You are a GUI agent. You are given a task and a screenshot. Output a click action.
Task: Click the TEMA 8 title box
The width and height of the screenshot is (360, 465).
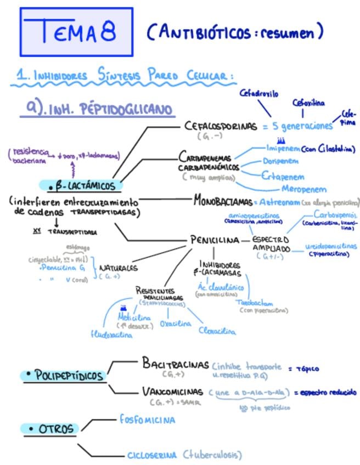[x=77, y=32]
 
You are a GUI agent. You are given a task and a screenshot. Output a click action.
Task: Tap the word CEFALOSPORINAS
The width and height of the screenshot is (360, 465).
[x=221, y=127]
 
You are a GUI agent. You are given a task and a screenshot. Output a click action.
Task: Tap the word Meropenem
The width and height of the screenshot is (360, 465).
[x=303, y=189]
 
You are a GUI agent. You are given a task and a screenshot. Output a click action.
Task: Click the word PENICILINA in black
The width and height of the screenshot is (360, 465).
[x=215, y=240]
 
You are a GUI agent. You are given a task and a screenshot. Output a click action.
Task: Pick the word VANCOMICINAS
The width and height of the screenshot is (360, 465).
[x=174, y=392]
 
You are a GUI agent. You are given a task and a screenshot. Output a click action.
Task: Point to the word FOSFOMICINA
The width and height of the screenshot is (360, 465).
[x=148, y=420]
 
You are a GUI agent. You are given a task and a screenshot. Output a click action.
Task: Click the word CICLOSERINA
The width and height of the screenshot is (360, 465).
[x=152, y=455]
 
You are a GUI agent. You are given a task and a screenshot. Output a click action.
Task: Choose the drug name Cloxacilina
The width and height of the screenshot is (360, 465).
[x=218, y=331]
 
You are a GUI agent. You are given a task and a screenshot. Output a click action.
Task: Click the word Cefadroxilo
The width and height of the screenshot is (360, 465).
[x=259, y=94]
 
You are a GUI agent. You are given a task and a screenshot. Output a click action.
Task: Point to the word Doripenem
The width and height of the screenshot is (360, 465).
[x=280, y=161]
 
